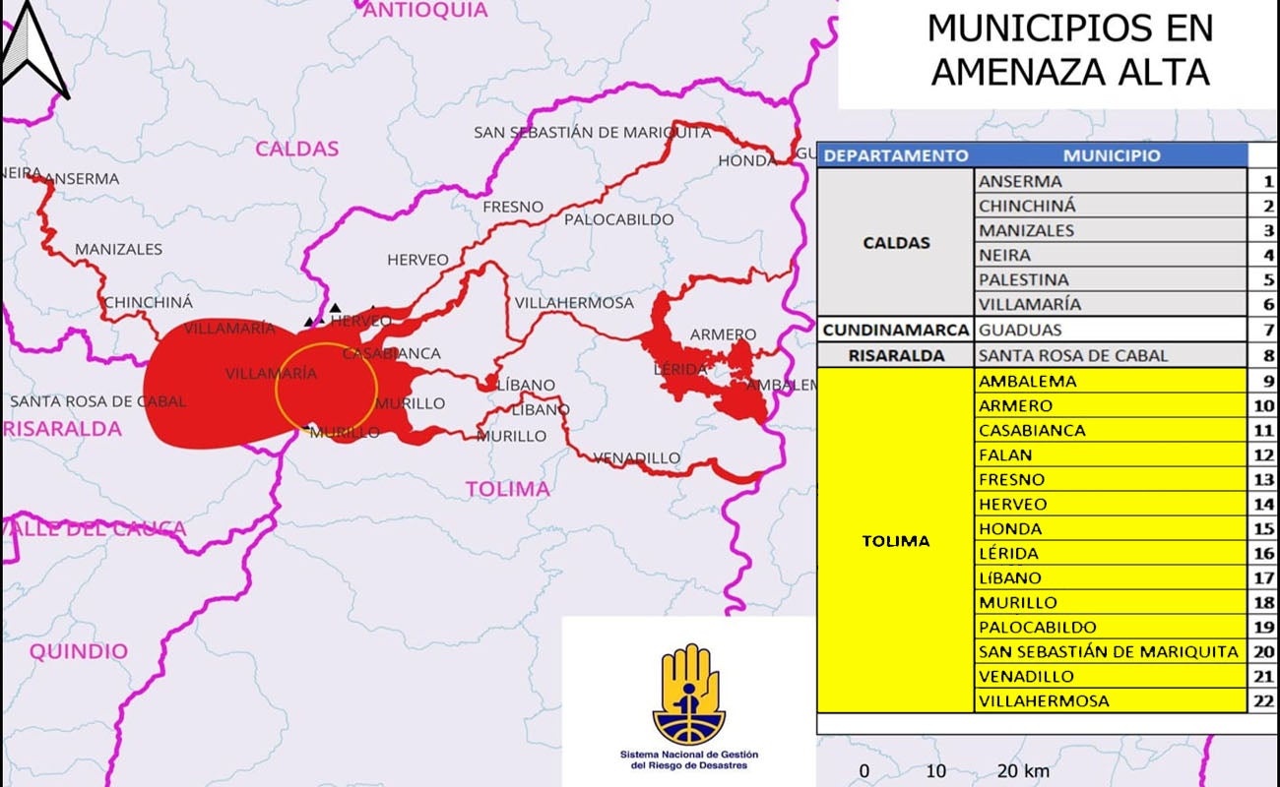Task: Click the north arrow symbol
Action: coord(34,49)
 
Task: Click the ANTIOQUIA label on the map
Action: coord(425,10)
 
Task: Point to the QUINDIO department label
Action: coord(78,651)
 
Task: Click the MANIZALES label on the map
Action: coord(118,249)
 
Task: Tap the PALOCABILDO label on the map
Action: coord(618,219)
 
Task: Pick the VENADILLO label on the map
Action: coord(636,457)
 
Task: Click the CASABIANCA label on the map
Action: coord(391,353)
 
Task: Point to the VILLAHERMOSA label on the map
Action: coord(574,303)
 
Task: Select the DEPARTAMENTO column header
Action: coord(896,155)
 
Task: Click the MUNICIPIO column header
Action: coord(1111,155)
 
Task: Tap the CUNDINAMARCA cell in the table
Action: coord(896,331)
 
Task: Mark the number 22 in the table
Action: coord(1263,701)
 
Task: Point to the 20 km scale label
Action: coord(1022,770)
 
